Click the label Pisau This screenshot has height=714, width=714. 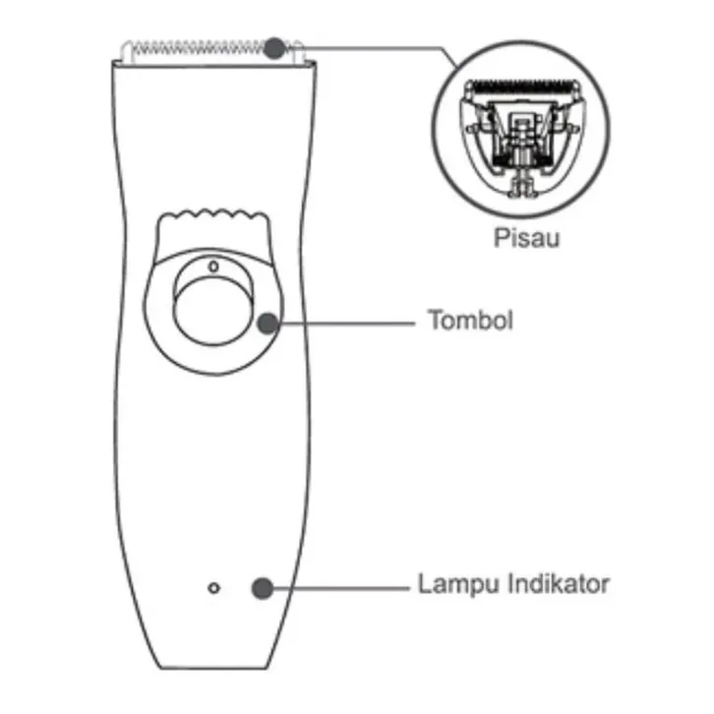tap(526, 237)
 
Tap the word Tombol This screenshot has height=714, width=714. tap(470, 321)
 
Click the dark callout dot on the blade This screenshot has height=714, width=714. tap(275, 46)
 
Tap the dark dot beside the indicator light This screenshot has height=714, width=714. tap(262, 588)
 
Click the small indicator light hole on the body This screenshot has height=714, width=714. tap(214, 588)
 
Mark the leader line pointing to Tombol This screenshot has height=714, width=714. tap(344, 323)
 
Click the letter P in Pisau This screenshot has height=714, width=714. tap(499, 237)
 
